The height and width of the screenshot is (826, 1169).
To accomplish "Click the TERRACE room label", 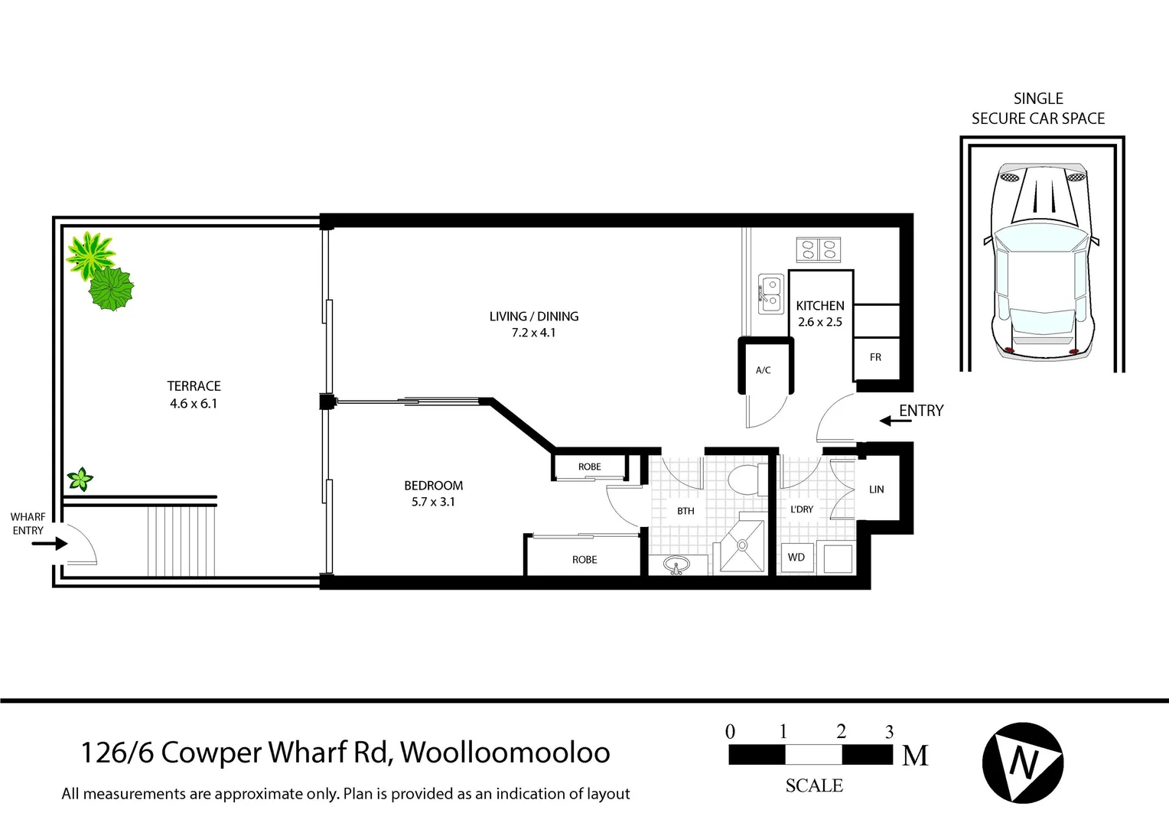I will click(x=194, y=386).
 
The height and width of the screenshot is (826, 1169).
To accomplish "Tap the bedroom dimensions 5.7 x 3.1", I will click(x=433, y=502).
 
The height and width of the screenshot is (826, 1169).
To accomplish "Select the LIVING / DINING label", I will click(x=534, y=316).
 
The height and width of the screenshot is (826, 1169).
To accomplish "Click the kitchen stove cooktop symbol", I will click(x=819, y=249).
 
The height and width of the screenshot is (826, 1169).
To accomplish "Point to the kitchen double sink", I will click(x=771, y=294).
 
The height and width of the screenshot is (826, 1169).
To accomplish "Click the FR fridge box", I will click(x=876, y=357).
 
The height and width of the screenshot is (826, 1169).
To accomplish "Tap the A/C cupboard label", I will click(x=763, y=370).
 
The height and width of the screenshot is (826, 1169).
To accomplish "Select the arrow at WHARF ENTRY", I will click(x=50, y=545).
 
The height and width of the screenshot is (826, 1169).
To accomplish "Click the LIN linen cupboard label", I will click(x=877, y=489).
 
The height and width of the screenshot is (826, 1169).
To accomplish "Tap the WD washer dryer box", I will click(x=796, y=558).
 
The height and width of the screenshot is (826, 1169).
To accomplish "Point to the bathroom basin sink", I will click(x=675, y=565).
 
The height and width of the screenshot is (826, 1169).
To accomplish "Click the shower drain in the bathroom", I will click(x=741, y=545).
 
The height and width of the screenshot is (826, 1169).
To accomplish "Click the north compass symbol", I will click(x=1023, y=763).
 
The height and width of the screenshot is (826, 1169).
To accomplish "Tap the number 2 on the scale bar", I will click(x=841, y=732).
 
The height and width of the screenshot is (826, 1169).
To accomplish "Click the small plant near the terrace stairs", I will click(x=80, y=480).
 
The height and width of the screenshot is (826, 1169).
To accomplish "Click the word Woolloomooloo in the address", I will click(x=505, y=753).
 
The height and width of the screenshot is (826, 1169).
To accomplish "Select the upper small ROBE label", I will click(x=589, y=467).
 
